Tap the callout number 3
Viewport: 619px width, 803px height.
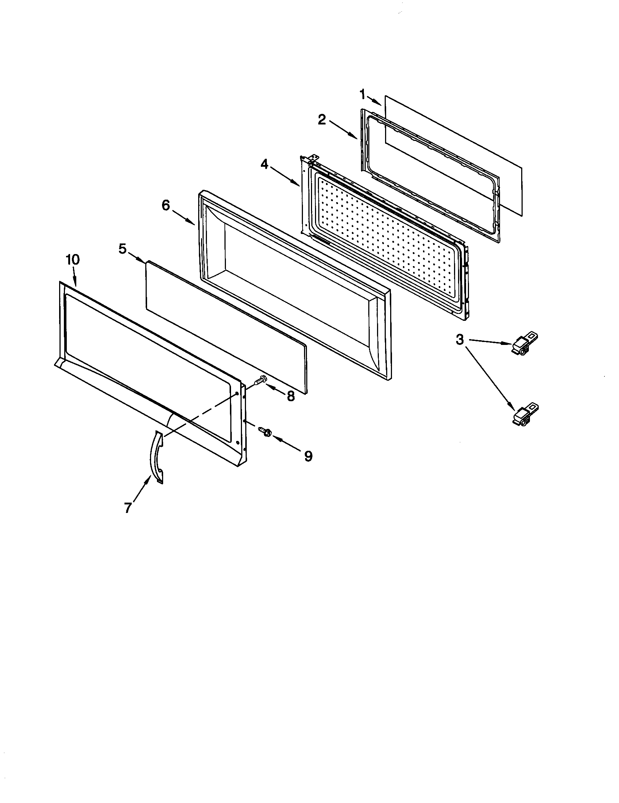click(x=460, y=340)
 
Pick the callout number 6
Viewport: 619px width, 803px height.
click(x=166, y=205)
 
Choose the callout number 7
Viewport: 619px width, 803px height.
click(x=127, y=508)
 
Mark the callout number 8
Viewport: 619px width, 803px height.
click(x=291, y=396)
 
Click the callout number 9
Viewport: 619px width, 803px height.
click(x=308, y=456)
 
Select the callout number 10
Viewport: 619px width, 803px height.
click(x=72, y=260)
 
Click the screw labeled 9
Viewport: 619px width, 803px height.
click(x=265, y=431)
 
